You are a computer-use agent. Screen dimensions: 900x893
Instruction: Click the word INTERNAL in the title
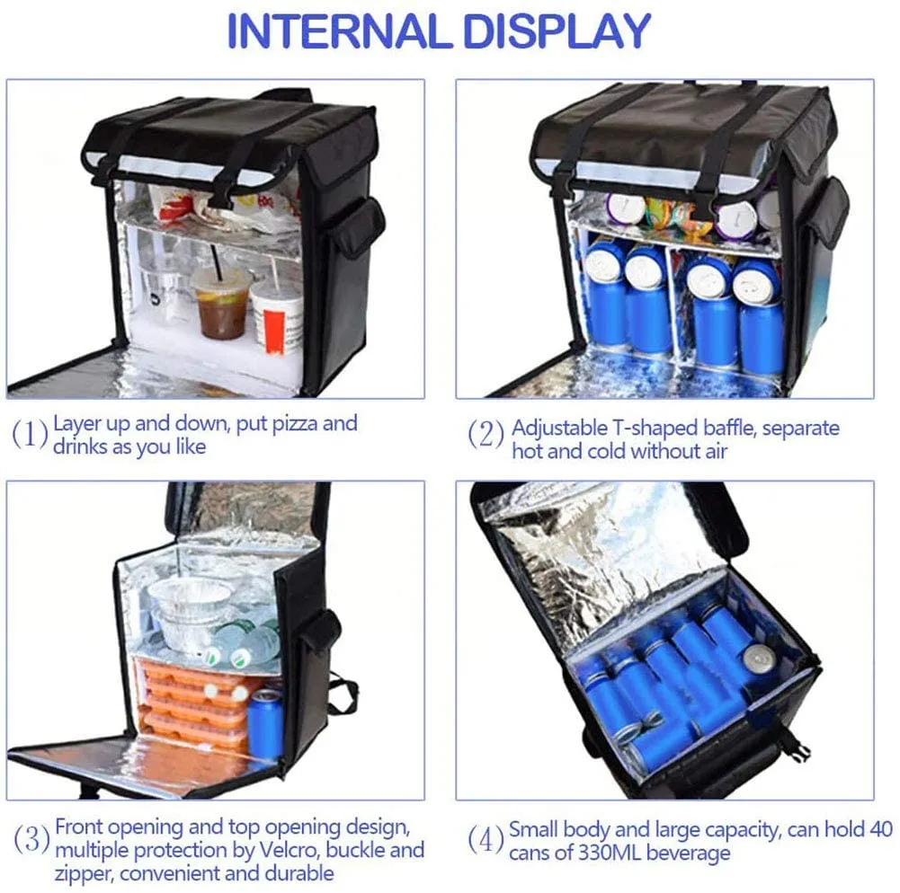pos(339,31)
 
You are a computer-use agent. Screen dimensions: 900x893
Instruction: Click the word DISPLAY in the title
pos(557,31)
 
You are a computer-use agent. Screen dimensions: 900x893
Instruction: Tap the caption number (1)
pos(30,434)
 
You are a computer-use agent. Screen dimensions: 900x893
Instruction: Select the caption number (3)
pos(31,839)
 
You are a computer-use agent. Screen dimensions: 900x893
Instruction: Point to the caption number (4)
pos(486,841)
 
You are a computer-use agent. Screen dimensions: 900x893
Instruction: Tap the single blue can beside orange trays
pos(265,726)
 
